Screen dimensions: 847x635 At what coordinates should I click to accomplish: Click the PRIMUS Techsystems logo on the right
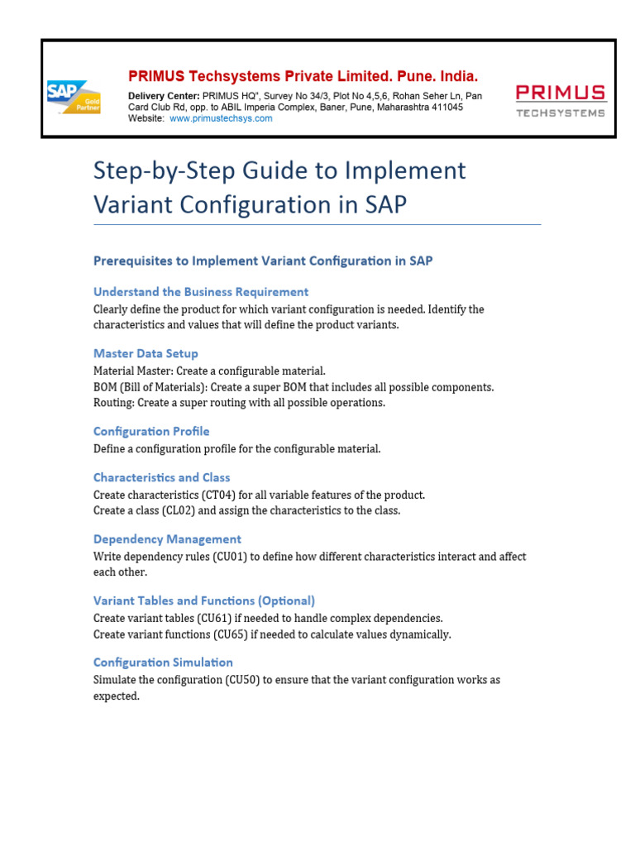coord(560,100)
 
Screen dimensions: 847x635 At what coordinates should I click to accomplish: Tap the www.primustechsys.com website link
coord(221,118)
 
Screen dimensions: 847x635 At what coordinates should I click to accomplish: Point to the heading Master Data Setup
coord(146,353)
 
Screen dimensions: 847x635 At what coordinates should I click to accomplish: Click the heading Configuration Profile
coord(151,431)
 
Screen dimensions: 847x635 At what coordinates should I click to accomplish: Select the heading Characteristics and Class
coord(161,477)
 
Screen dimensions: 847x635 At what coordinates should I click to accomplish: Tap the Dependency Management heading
coord(167,538)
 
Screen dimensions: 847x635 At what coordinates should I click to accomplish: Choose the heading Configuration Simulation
coord(163,662)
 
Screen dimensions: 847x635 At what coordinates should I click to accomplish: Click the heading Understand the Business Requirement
coord(201,291)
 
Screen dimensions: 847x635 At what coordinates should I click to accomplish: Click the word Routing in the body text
coord(112,403)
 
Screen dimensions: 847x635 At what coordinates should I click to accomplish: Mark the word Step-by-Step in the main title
coord(162,170)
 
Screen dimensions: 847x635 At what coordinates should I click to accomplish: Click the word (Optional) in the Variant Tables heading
coord(285,601)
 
